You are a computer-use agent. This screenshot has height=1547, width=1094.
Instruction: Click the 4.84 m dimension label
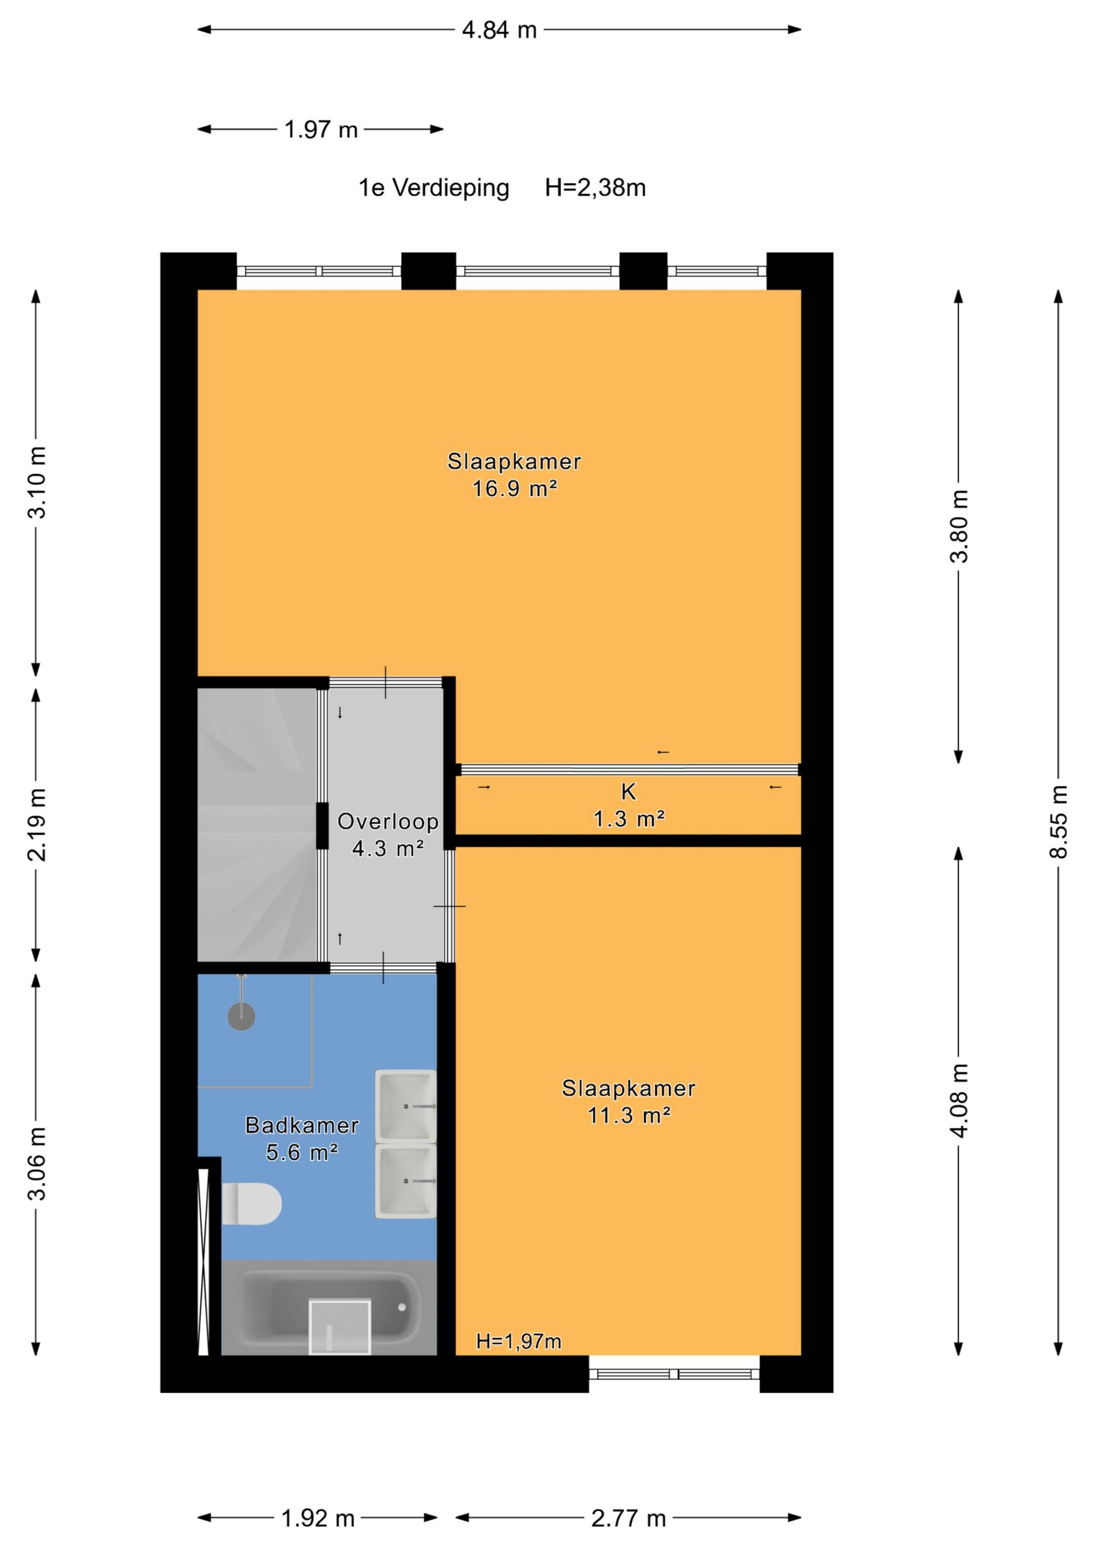point(499,30)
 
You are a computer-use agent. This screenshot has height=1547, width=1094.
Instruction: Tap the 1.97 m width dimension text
point(321,129)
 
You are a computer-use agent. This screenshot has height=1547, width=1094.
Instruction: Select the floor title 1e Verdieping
point(434,187)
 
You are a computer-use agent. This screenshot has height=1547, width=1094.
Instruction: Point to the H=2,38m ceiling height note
point(595,187)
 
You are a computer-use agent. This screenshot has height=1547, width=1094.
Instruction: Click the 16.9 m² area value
point(514,488)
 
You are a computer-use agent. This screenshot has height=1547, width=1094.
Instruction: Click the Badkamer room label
point(301,1125)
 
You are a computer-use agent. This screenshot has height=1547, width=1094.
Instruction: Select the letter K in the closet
point(628,791)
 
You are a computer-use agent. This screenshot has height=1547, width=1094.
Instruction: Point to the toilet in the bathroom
point(251,1204)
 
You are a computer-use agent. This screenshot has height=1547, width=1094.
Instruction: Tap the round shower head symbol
point(241,1017)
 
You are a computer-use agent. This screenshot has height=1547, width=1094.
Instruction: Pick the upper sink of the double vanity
point(406,1105)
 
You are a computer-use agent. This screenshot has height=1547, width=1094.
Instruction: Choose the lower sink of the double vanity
point(406,1180)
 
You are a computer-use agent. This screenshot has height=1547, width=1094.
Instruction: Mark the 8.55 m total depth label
point(1058,822)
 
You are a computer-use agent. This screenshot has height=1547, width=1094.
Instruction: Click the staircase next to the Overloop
point(257,825)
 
